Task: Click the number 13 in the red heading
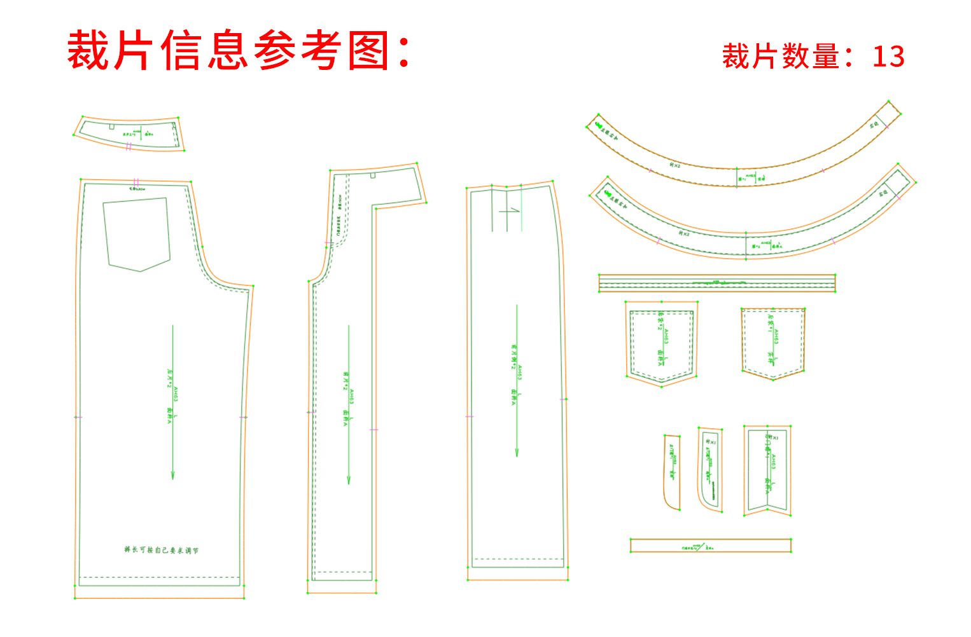tap(888, 57)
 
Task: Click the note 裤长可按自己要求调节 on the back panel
tap(162, 550)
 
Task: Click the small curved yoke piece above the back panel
tap(129, 134)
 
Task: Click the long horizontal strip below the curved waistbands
tap(717, 283)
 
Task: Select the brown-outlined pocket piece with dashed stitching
tap(773, 343)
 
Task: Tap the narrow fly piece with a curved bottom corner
tap(673, 472)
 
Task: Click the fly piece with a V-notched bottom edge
tap(767, 470)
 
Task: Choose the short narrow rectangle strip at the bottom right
tap(711, 545)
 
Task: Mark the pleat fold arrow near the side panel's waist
tap(509, 210)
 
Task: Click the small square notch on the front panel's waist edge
tap(373, 174)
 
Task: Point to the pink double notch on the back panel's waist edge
tap(136, 182)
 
